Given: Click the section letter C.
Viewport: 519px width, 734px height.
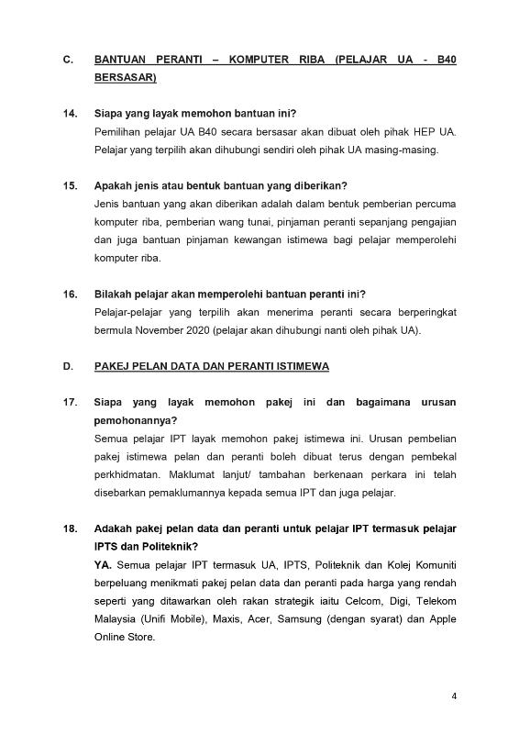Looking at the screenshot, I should tap(67, 61).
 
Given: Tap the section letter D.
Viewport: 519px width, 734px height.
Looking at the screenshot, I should tap(67, 366).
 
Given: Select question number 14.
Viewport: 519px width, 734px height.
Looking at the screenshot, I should tap(70, 114).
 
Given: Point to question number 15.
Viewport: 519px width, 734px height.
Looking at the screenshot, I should tap(70, 185).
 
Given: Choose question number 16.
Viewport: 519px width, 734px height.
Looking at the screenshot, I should tap(70, 294).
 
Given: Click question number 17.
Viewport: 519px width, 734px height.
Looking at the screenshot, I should tap(70, 402).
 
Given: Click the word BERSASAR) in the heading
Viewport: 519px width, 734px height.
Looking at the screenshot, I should tap(126, 79).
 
